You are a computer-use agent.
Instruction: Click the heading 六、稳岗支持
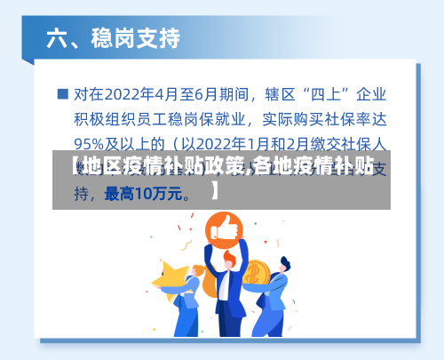pyautogui.click(x=113, y=39)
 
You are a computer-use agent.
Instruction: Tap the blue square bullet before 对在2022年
pyautogui.click(x=62, y=92)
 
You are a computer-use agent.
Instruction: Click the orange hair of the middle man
pyautogui.click(x=229, y=255)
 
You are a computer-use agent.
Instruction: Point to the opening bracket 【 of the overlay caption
pyautogui.click(x=62, y=165)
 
